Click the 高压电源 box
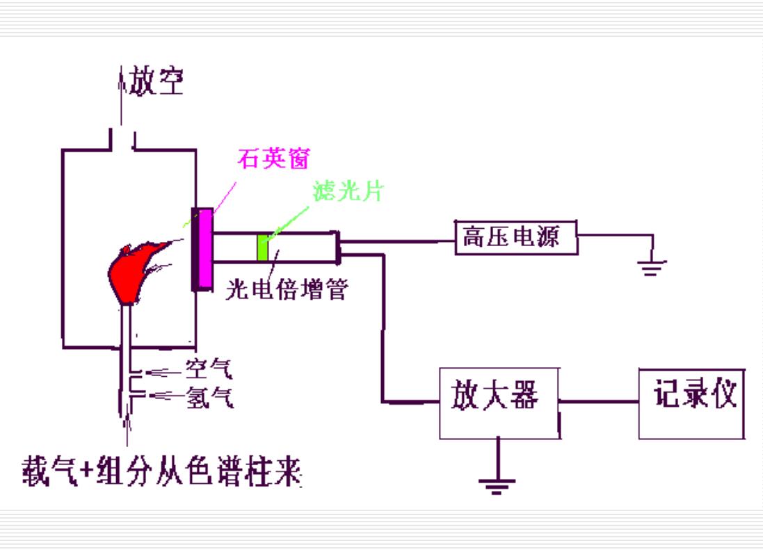(516, 238)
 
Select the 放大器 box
(499, 403)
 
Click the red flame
(132, 271)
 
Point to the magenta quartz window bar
(204, 249)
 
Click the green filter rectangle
(263, 248)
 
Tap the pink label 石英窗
(273, 160)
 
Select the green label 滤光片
(348, 192)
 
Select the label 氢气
(209, 398)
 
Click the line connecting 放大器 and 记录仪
(600, 401)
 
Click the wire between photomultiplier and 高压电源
(396, 242)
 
